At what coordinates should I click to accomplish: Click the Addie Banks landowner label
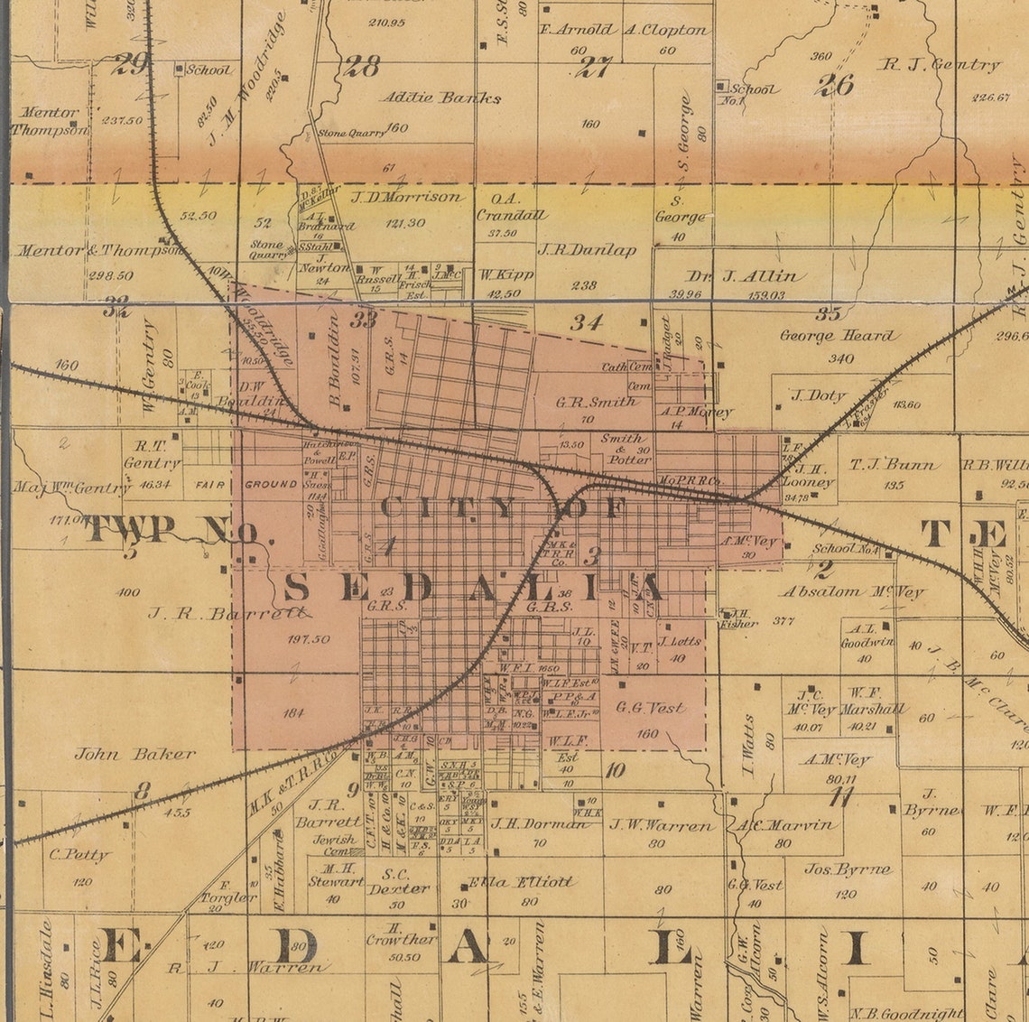[440, 98]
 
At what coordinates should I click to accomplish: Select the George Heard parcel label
[839, 336]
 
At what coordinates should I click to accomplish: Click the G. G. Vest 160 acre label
[649, 709]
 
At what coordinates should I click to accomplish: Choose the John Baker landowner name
[134, 754]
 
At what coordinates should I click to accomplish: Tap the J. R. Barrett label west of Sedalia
[229, 614]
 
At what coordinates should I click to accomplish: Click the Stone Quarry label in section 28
[351, 134]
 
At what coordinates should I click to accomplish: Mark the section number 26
[834, 85]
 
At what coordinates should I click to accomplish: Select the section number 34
[586, 321]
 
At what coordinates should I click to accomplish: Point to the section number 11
[841, 796]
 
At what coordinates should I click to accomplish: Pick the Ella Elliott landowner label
[521, 882]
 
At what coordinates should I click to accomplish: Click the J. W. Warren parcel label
[662, 824]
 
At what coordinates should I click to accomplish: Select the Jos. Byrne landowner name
[848, 870]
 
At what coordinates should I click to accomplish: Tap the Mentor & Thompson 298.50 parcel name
[98, 251]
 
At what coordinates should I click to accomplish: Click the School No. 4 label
[845, 548]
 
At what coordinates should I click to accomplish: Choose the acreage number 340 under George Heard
[839, 358]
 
